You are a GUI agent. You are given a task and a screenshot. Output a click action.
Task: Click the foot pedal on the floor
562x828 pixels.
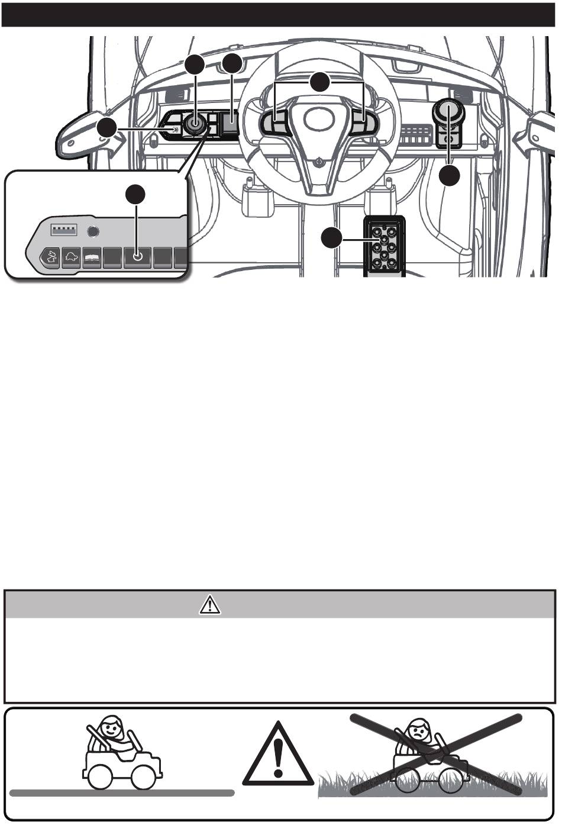pyautogui.click(x=383, y=246)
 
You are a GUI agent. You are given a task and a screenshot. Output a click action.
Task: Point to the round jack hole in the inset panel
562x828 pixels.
pyautogui.click(x=92, y=231)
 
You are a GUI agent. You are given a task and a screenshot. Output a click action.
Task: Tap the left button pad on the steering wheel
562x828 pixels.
pyautogui.click(x=276, y=123)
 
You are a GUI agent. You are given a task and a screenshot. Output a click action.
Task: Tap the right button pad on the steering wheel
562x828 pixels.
pyautogui.click(x=362, y=123)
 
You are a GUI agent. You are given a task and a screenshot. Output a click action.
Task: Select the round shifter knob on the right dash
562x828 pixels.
pyautogui.click(x=448, y=111)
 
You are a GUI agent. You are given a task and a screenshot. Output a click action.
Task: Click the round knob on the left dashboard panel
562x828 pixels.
pyautogui.click(x=194, y=124)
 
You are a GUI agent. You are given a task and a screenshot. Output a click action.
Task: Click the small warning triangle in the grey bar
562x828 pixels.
pyautogui.click(x=210, y=604)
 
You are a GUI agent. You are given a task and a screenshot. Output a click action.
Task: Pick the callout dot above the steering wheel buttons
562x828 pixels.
pyautogui.click(x=320, y=82)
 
